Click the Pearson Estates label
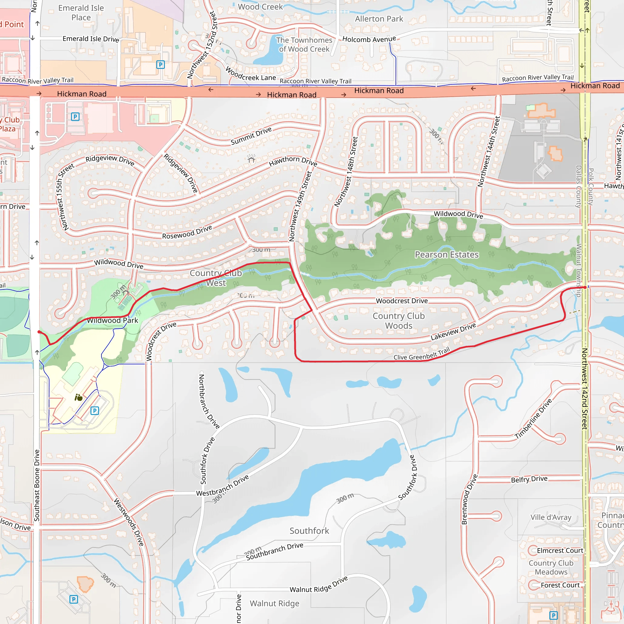[x=446, y=254]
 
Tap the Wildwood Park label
[x=112, y=321]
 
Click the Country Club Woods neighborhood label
[x=399, y=321]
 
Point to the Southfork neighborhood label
[x=309, y=531]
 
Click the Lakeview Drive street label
[x=453, y=332]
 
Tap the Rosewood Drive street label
[x=187, y=232]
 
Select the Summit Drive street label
[x=251, y=136]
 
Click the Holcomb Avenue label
[x=369, y=39]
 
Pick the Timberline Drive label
[x=533, y=419]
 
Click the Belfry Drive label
[x=529, y=479]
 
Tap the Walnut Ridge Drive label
[x=318, y=585]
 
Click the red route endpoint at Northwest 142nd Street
[x=585, y=287]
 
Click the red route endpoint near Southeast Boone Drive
[x=39, y=332]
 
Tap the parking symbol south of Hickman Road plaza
[x=75, y=117]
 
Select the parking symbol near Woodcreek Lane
[x=161, y=65]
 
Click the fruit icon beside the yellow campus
[x=79, y=398]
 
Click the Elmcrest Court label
[x=560, y=550]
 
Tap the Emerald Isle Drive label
[x=91, y=39]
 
